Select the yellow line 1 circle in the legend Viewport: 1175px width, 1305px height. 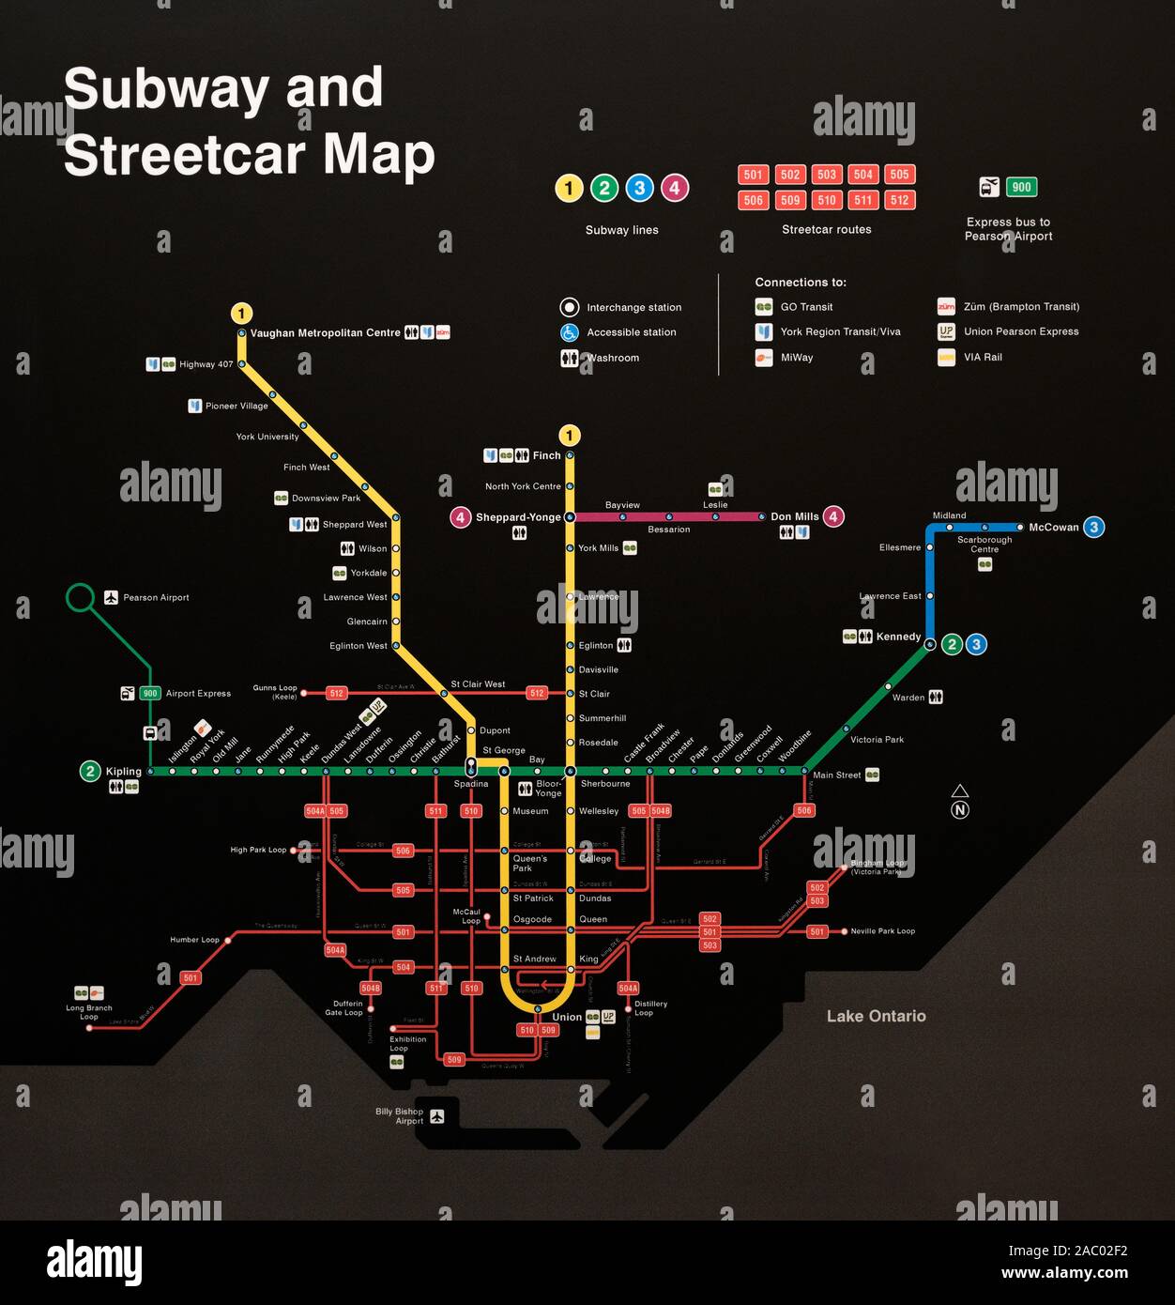569,188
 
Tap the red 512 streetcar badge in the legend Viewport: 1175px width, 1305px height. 899,200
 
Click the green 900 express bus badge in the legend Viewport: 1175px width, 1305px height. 1021,187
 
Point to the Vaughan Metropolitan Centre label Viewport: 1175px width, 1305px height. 325,333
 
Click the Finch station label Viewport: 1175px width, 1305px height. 546,455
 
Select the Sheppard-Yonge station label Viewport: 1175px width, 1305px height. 517,517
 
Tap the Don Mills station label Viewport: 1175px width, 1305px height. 794,516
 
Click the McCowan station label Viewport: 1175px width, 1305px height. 1053,528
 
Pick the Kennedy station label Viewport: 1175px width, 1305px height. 898,637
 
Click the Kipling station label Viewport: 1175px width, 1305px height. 123,772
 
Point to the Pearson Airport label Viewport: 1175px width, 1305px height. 156,598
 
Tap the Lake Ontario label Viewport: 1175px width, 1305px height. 876,1016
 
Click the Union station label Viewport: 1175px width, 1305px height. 567,1017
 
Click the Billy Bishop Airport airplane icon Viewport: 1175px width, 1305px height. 436,1115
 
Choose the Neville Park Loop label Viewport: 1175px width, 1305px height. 882,931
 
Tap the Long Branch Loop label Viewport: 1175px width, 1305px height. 89,1012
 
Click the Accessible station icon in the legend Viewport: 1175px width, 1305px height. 569,332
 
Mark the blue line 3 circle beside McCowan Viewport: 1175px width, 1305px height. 1093,527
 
